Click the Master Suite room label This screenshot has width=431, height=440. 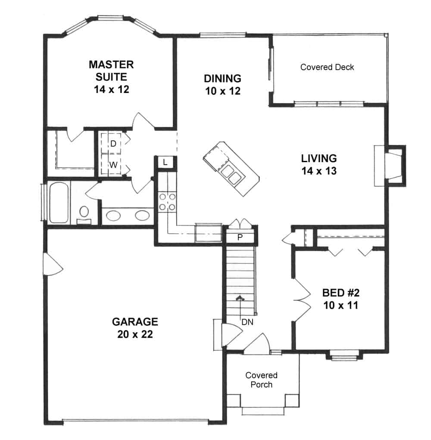point(111,71)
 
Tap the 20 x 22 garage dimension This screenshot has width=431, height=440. point(135,335)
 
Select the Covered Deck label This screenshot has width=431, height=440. point(327,67)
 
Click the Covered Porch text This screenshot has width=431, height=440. point(262,380)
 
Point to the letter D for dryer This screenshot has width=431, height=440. point(113,144)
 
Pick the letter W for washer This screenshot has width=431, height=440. point(113,165)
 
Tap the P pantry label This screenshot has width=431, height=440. point(240,237)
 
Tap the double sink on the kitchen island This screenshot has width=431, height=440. point(231,175)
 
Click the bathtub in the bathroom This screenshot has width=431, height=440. point(59,203)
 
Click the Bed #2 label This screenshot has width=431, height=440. point(340,293)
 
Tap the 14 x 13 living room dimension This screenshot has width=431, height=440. point(319,171)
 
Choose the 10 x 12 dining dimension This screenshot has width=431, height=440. point(222,91)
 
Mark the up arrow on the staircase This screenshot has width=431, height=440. point(240,298)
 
